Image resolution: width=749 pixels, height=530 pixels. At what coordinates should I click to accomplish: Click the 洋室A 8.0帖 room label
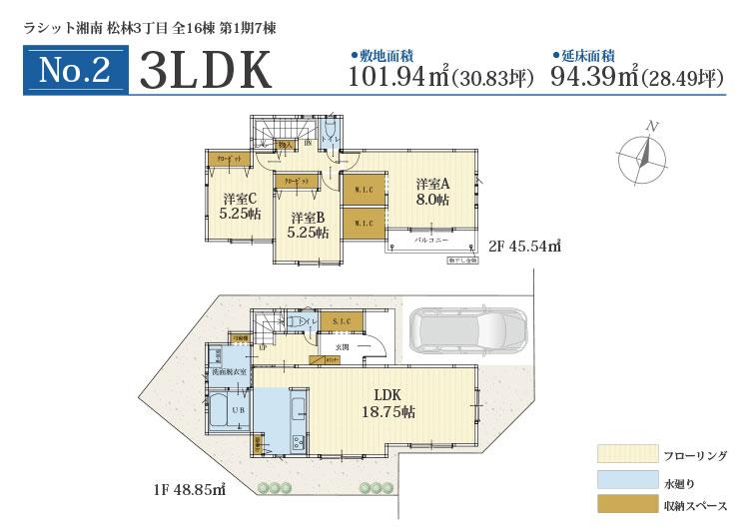click(x=433, y=192)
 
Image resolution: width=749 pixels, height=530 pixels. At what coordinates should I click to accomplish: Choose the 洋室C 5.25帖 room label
click(x=240, y=206)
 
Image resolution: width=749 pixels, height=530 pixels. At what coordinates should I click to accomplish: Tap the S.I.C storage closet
click(x=342, y=320)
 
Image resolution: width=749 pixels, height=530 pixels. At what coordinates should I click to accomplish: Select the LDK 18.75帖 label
click(x=388, y=402)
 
